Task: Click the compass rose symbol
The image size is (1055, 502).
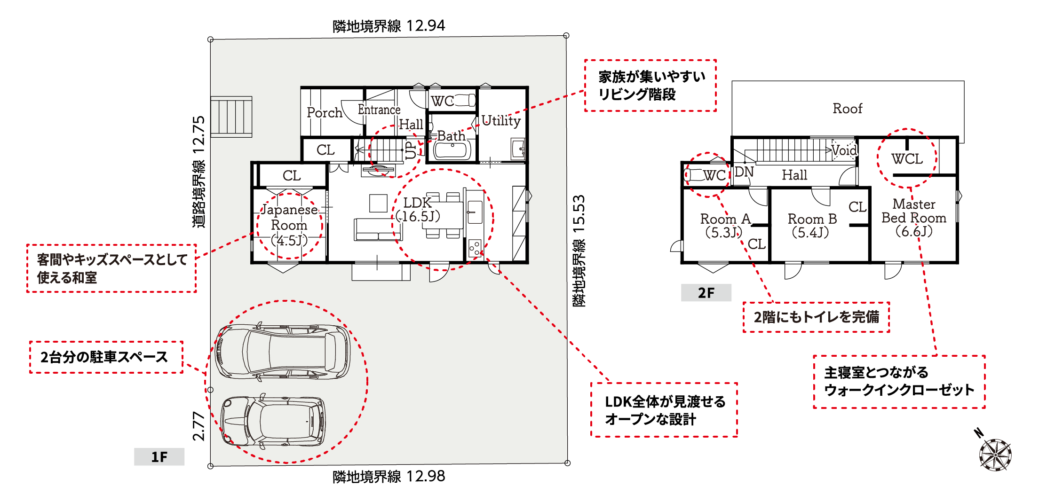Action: [995, 455]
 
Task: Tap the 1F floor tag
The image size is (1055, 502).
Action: [159, 456]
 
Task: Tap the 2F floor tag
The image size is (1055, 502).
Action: [706, 292]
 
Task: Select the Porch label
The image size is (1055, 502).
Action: [324, 113]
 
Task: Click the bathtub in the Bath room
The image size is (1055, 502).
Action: [452, 150]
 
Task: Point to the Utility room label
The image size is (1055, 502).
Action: [501, 121]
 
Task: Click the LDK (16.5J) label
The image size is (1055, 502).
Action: [418, 209]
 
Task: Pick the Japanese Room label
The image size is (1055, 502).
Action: [289, 217]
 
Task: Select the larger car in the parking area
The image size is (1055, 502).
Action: [283, 352]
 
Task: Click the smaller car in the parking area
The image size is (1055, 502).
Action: [273, 421]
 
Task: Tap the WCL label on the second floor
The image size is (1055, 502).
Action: [907, 159]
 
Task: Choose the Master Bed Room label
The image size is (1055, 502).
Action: [913, 211]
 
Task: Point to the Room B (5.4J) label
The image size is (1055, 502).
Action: [812, 226]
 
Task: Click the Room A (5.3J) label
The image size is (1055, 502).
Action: [725, 226]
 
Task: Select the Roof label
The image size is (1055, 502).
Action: [848, 109]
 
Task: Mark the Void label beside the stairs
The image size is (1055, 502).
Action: [844, 150]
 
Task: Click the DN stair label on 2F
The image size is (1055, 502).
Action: [744, 172]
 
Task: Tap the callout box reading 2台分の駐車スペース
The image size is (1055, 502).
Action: [106, 357]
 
